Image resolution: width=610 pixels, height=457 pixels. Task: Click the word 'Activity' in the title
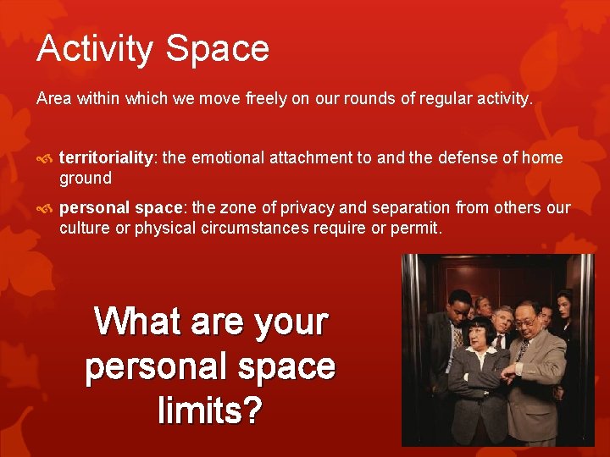pyautogui.click(x=93, y=48)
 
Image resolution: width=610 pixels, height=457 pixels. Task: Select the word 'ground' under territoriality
pyautogui.click(x=85, y=178)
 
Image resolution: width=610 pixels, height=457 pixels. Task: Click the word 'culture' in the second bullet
pyautogui.click(x=85, y=227)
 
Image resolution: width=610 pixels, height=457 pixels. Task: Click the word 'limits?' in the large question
pyautogui.click(x=210, y=411)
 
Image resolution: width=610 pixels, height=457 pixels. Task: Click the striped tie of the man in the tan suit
pyautogui.click(x=523, y=351)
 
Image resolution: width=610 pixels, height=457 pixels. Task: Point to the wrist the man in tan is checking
pyautogui.click(x=508, y=369)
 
